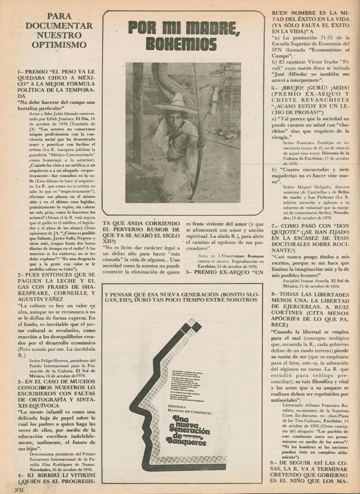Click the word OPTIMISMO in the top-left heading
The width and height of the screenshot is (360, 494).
coord(59,44)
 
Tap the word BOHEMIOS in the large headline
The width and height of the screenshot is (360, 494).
coord(181,44)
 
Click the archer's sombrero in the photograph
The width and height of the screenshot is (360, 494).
coord(176,105)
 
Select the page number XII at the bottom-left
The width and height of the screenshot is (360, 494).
coord(19,489)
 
